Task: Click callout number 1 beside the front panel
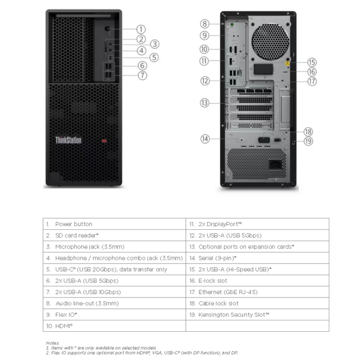click(x=141, y=29)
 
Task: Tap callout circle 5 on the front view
click(x=154, y=58)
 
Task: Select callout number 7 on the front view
click(x=142, y=76)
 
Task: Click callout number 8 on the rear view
click(x=205, y=24)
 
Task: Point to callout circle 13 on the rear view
click(x=205, y=103)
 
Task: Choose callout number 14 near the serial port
click(x=205, y=139)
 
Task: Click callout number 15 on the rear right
click(x=311, y=62)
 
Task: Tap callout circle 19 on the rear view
click(x=308, y=142)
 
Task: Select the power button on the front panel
click(x=107, y=29)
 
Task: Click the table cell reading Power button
click(x=74, y=224)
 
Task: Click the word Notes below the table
click(x=52, y=343)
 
